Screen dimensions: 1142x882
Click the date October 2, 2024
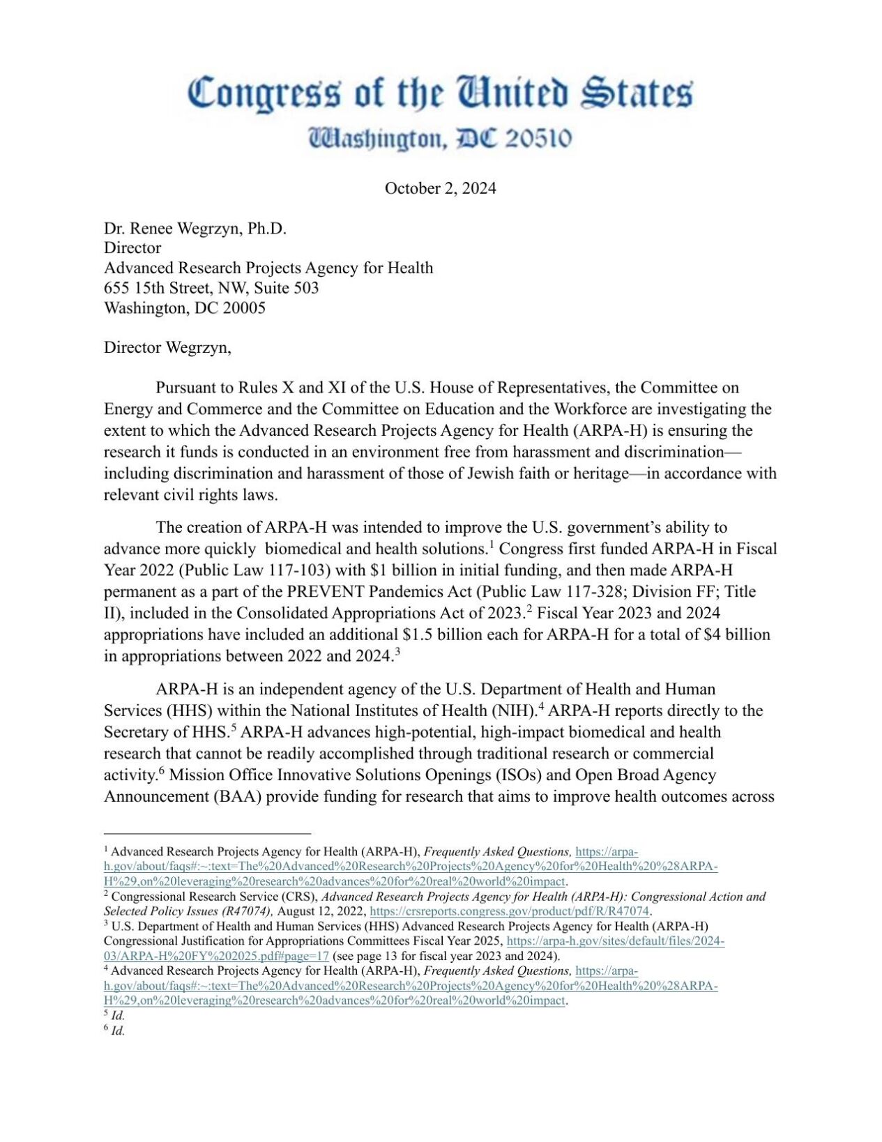click(x=440, y=188)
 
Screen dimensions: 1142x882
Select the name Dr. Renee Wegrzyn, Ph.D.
click(x=195, y=229)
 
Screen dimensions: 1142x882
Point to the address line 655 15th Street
click(x=211, y=288)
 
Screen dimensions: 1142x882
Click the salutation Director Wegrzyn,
click(x=167, y=347)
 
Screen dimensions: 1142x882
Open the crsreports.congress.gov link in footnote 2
click(x=509, y=911)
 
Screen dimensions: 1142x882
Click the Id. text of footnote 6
click(x=118, y=1030)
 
